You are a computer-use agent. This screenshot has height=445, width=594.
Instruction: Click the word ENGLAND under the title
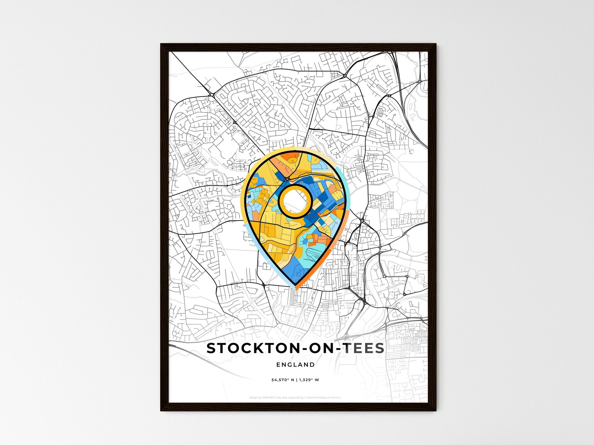pos(295,364)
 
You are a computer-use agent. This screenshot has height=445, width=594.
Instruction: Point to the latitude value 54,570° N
pos(283,380)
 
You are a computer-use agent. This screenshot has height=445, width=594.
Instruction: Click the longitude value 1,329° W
pos(309,380)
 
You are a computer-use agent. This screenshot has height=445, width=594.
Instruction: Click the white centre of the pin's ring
pos(295,201)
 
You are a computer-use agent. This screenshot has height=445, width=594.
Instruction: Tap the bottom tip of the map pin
pos(295,288)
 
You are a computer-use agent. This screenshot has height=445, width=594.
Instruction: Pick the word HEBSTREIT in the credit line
pos(268,398)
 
